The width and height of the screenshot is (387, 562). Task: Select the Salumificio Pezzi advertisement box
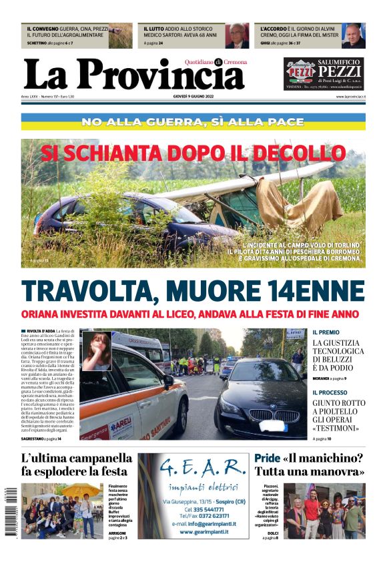pos(324,74)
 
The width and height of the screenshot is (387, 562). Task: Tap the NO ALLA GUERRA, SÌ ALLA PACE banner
pos(193,122)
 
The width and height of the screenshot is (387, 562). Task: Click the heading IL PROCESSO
pos(330,392)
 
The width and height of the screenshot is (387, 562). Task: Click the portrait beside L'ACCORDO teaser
pos(353,36)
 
